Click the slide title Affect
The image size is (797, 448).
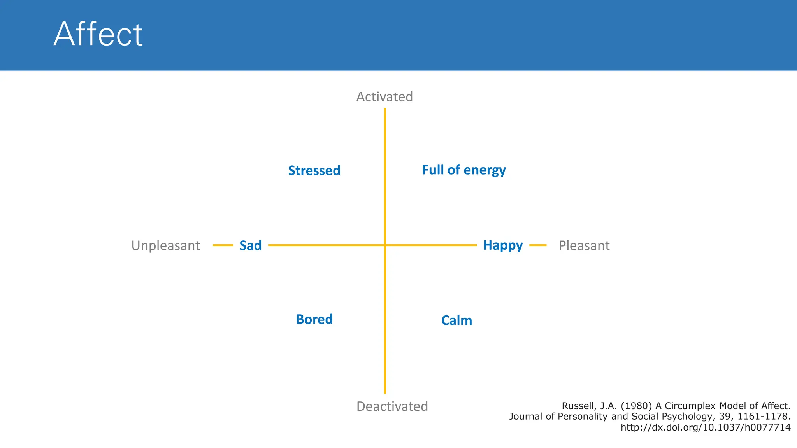point(98,34)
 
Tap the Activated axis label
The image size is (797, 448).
point(384,97)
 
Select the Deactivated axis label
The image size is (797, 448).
point(392,406)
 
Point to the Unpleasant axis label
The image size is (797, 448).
point(165,246)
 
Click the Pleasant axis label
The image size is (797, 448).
point(584,246)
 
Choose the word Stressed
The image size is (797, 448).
point(314,171)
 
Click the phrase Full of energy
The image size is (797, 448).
point(464,170)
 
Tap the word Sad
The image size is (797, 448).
point(250,246)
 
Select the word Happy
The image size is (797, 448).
point(503,245)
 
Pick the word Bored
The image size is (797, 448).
point(314,319)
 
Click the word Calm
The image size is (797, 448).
point(456,320)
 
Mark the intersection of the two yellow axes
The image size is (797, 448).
point(385,245)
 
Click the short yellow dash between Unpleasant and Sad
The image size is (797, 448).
point(223,245)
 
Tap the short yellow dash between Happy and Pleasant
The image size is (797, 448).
point(538,245)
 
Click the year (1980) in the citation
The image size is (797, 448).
point(636,406)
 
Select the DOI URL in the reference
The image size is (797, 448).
point(705,428)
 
